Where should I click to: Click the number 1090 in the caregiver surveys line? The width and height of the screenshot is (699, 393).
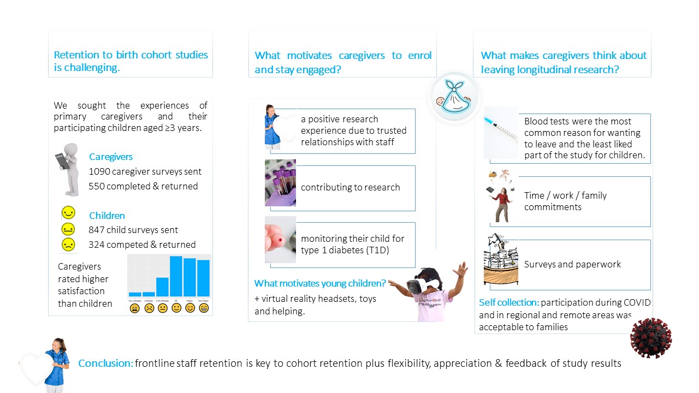point(99,171)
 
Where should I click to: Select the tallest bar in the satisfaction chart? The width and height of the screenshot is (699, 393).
point(176,276)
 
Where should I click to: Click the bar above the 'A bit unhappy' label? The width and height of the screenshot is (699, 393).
point(162,287)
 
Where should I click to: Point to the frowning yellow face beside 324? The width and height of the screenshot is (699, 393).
point(68,244)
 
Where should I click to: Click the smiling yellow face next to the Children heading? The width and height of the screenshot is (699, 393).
point(68,213)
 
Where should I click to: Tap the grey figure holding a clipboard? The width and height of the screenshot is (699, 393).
point(68,169)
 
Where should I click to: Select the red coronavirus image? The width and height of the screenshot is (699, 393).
point(650,338)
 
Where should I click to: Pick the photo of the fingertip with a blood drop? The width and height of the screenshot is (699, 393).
point(280,240)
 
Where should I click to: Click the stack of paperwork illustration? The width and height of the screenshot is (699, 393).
point(501,261)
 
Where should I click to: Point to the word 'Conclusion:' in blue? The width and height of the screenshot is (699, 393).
point(106,363)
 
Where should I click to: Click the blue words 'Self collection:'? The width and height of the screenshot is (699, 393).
point(509,302)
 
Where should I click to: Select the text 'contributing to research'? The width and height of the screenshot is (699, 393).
point(350,187)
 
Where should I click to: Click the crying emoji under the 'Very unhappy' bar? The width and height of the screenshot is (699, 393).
point(135,308)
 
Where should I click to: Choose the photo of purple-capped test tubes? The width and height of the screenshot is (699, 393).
point(280,183)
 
